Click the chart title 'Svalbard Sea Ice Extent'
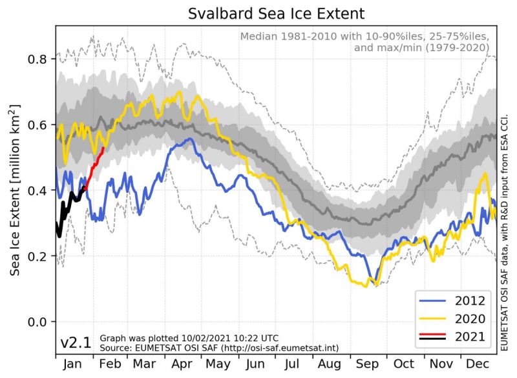[276, 14]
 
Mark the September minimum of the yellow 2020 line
[366, 286]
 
